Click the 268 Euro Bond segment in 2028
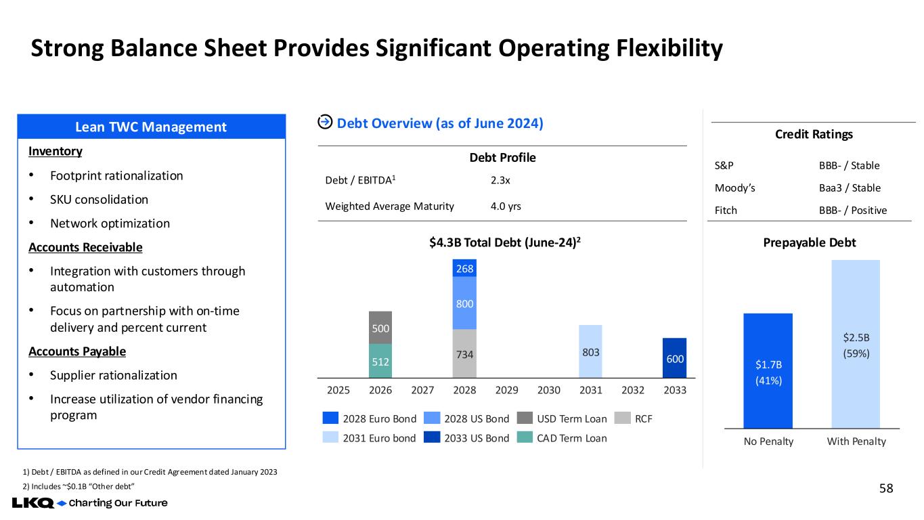464,268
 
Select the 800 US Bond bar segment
464,303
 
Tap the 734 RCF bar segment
464,353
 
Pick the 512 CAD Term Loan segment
380,362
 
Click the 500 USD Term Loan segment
380,328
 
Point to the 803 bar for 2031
590,351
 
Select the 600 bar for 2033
674,357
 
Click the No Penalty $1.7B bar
768,370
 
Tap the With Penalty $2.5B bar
855,344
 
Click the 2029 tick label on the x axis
506,391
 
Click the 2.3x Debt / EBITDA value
501,181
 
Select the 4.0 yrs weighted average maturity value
506,206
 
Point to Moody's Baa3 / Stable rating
850,188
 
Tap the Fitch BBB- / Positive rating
852,210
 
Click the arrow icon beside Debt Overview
325,122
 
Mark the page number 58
885,487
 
